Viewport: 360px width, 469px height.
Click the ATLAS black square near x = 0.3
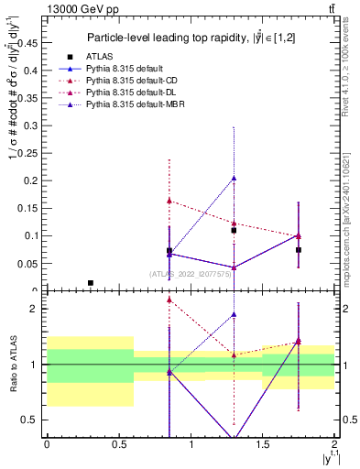(x=90, y=283)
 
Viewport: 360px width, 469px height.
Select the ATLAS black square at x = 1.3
(x=234, y=231)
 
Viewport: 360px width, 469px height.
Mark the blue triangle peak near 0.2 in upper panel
(x=234, y=179)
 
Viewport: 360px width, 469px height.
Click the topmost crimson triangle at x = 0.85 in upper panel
(x=169, y=200)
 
